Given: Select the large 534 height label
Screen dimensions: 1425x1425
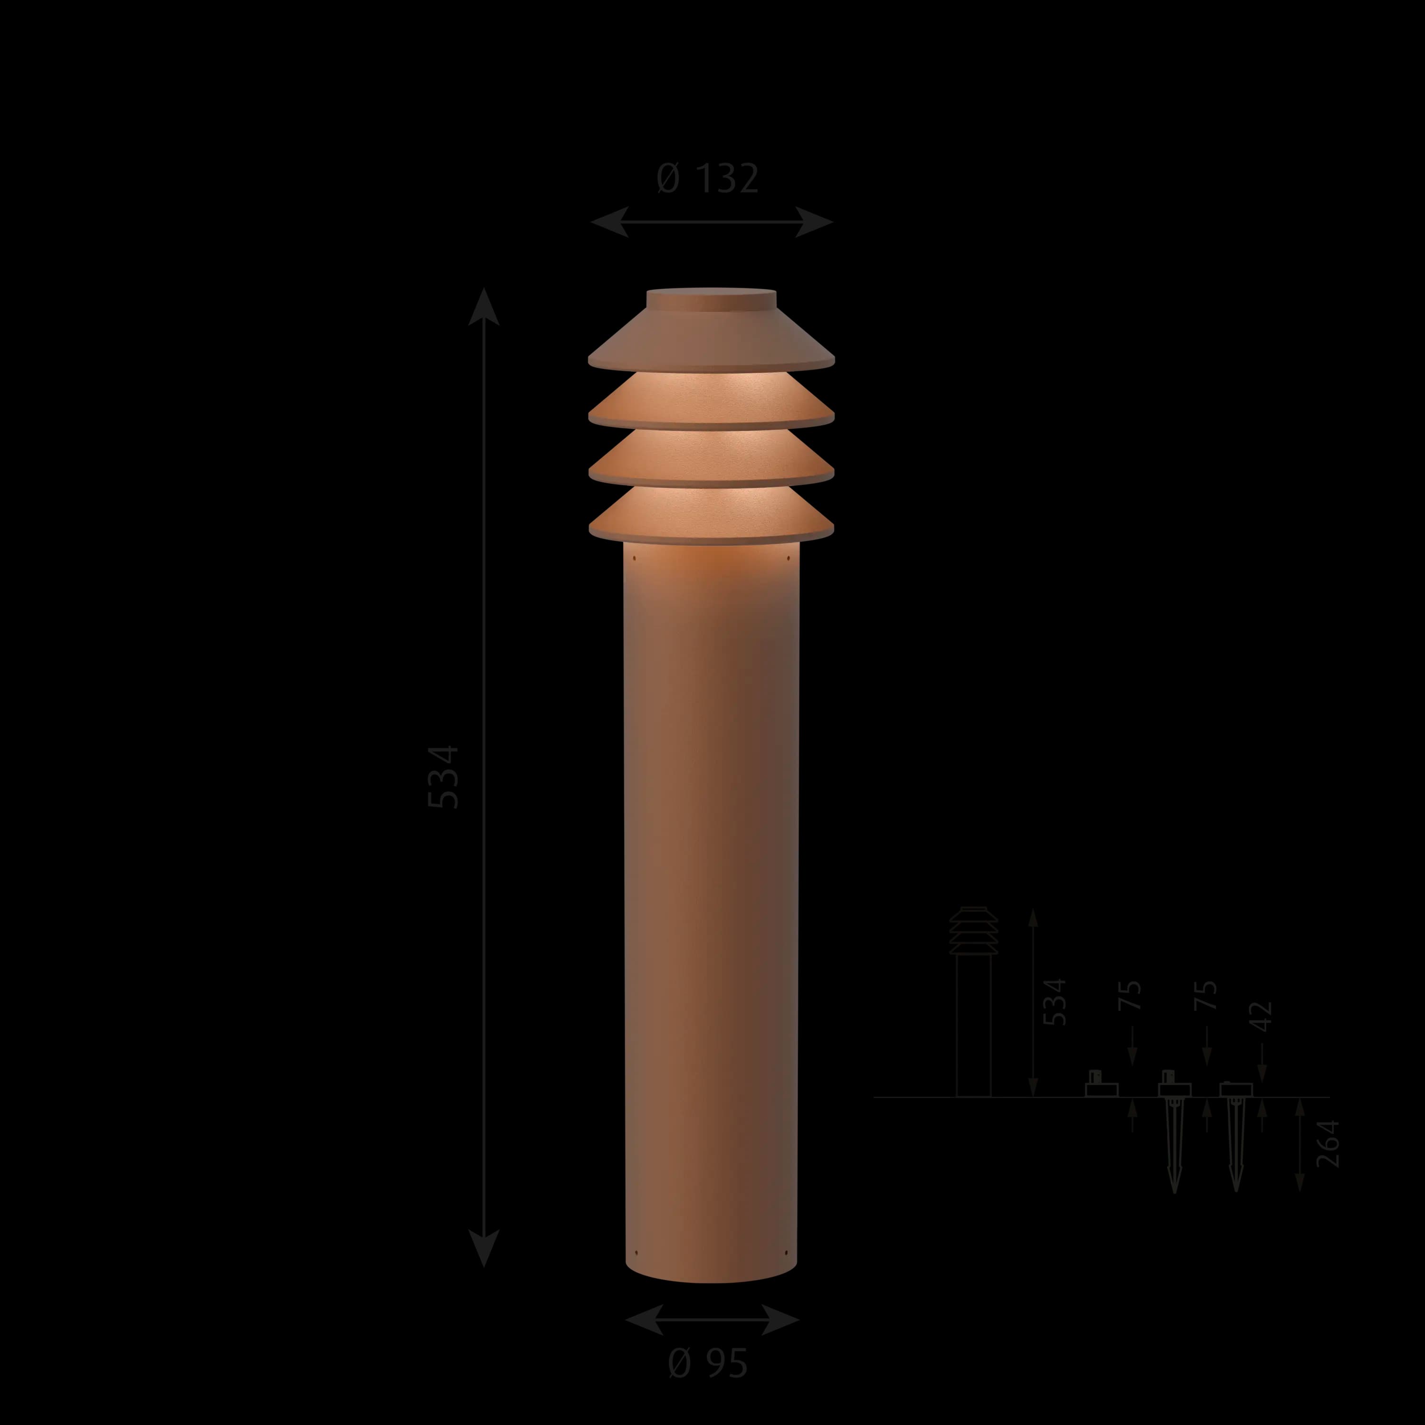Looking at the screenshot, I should (444, 778).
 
